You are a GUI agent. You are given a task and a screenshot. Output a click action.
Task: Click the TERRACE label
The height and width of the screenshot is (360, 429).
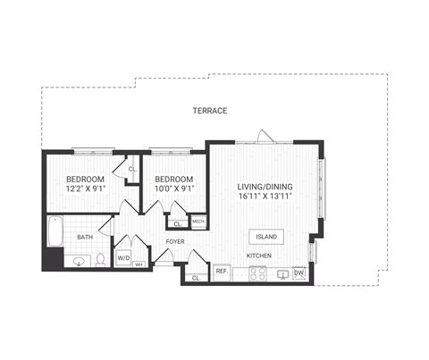pyautogui.click(x=210, y=111)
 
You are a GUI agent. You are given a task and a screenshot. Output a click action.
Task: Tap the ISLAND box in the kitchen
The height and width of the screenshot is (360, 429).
pyautogui.click(x=266, y=237)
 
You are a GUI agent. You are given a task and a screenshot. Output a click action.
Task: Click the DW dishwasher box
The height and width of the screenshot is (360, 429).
pyautogui.click(x=299, y=273)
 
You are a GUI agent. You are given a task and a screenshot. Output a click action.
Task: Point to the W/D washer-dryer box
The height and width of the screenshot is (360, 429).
pyautogui.click(x=123, y=256)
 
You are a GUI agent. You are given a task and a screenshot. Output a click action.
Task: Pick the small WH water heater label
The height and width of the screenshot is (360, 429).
pyautogui.click(x=139, y=265)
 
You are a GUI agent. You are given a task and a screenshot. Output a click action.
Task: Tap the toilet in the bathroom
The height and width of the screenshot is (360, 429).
pyautogui.click(x=101, y=260)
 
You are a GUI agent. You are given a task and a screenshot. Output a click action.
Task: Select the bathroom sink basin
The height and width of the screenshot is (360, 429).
pyautogui.click(x=79, y=262)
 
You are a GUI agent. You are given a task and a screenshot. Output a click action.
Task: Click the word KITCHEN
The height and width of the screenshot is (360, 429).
pyautogui.click(x=259, y=256)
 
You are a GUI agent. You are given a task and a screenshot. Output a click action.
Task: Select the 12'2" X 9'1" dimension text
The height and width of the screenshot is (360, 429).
pyautogui.click(x=85, y=188)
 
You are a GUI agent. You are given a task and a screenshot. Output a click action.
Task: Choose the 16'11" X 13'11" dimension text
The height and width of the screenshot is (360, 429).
pyautogui.click(x=265, y=197)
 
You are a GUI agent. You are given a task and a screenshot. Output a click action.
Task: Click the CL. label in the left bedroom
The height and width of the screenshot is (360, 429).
pyautogui.click(x=131, y=168)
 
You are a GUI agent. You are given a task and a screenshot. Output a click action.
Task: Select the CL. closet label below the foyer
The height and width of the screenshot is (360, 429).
pyautogui.click(x=196, y=278)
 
